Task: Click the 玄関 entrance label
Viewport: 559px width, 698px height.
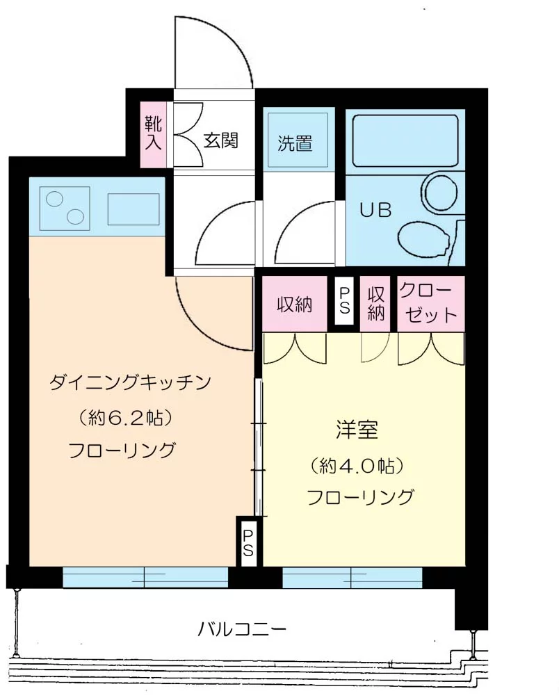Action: coord(221,140)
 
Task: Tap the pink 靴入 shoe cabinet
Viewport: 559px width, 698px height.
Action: coord(154,135)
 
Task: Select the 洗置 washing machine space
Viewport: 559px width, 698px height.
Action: coord(295,143)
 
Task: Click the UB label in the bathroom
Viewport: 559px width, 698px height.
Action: coord(375,209)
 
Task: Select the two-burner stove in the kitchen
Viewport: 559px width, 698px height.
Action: coord(65,207)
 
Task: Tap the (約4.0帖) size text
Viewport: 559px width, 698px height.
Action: coord(358,464)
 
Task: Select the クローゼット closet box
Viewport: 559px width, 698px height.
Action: coord(430,303)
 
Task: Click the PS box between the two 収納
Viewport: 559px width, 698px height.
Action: coord(344,302)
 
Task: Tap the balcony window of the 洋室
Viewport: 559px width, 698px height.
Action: coord(352,578)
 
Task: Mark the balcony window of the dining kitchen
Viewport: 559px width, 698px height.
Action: coord(145,578)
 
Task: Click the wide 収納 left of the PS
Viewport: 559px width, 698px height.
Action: coord(295,304)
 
